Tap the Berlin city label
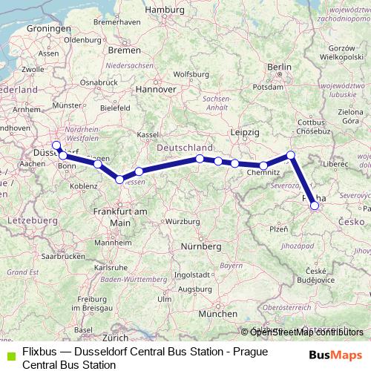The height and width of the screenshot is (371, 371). click(279, 68)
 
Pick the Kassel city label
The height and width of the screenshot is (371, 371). click(148, 134)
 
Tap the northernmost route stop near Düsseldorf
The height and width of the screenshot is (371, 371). click(56, 145)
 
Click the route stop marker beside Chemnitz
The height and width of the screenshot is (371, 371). click(263, 165)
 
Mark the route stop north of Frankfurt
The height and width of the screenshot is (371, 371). click(119, 179)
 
